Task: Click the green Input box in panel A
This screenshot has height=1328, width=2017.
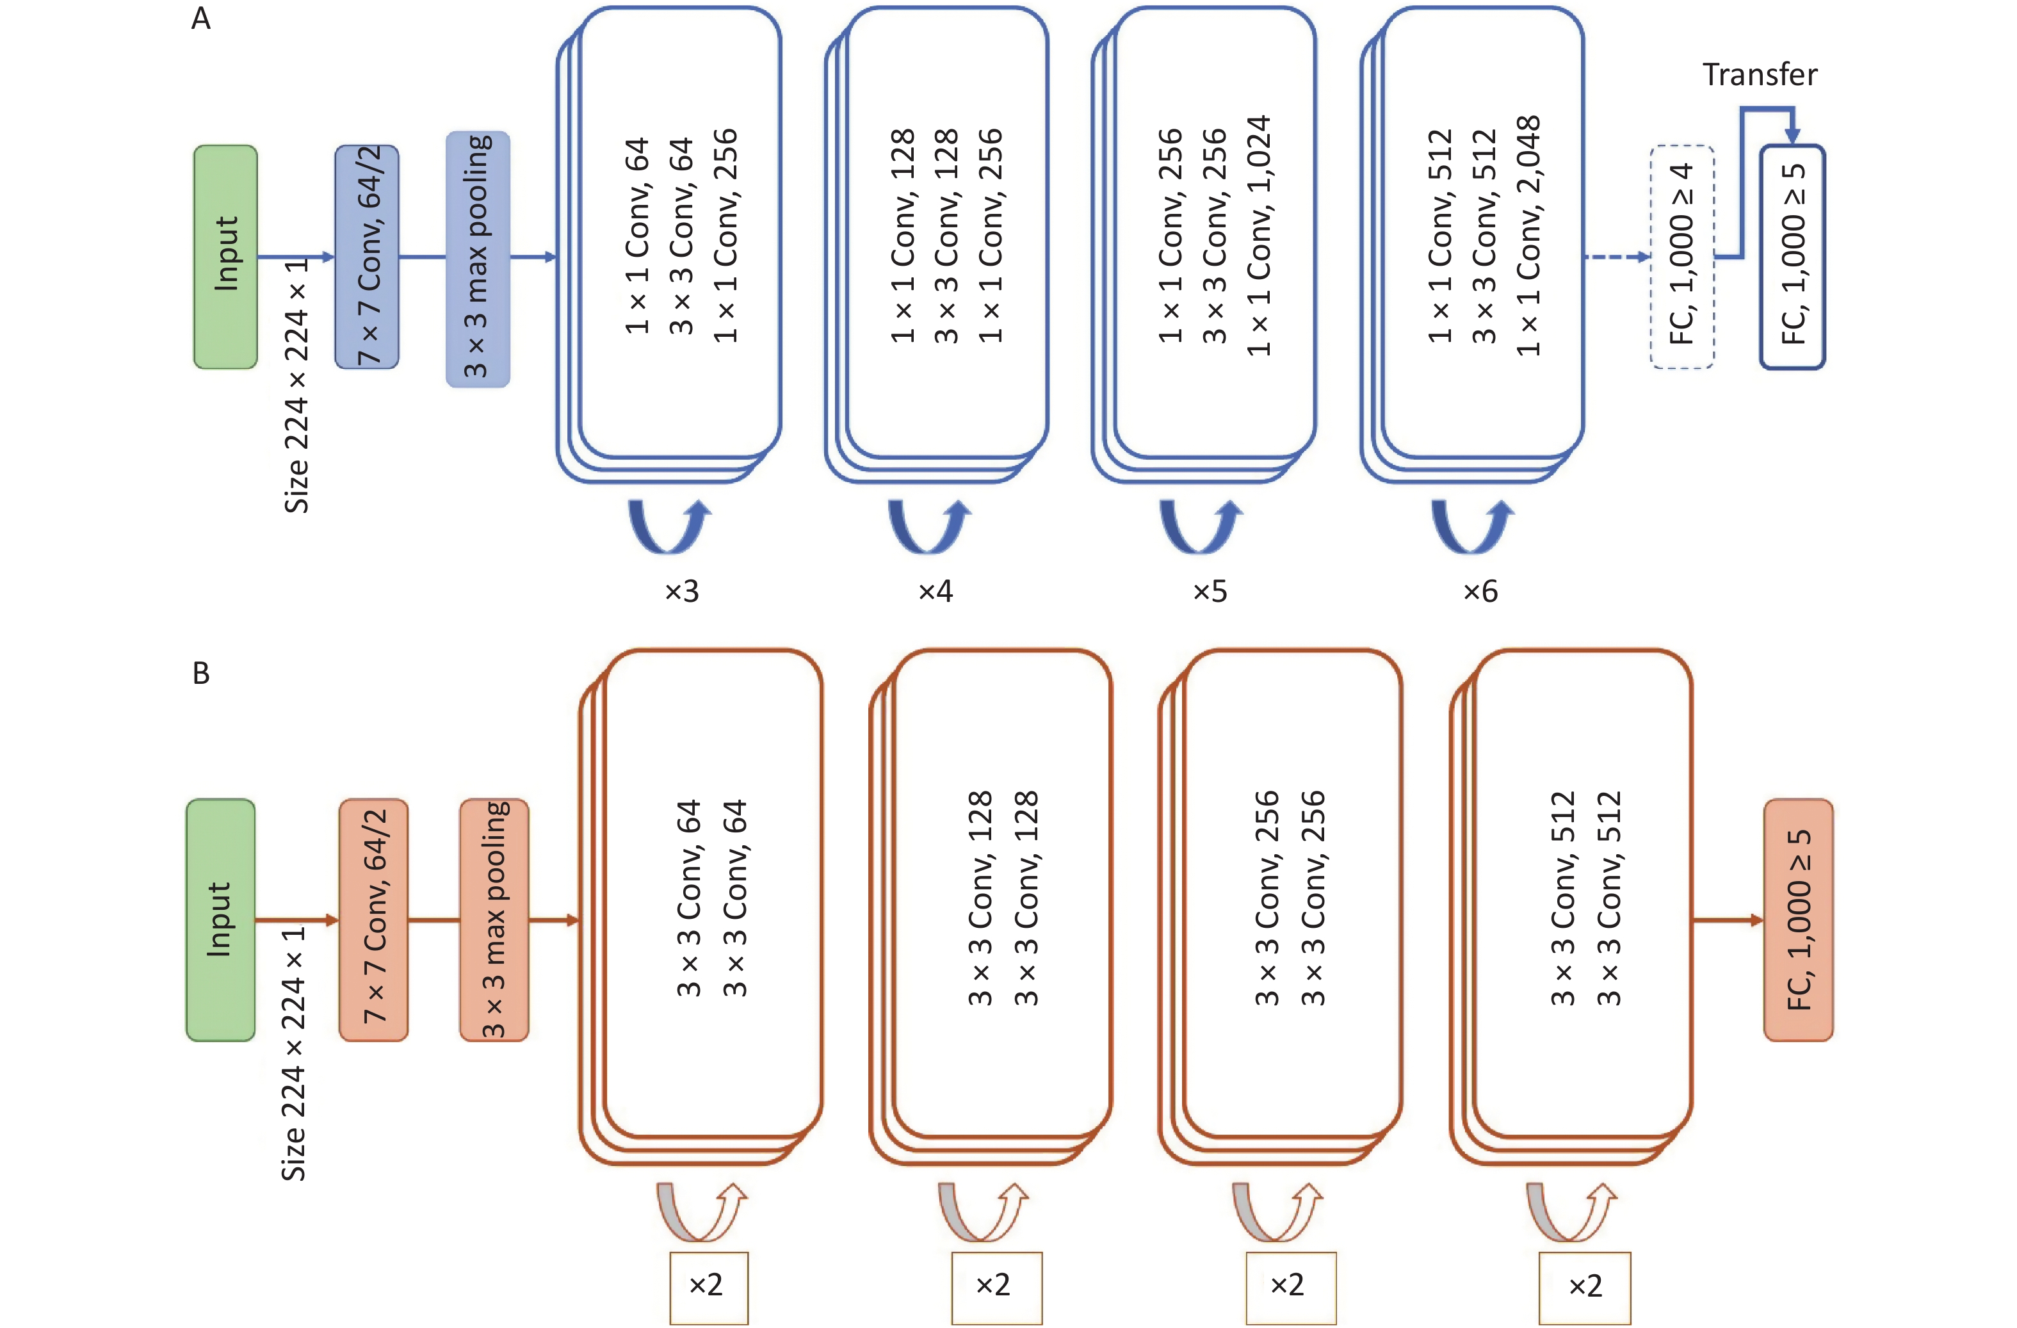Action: click(x=225, y=257)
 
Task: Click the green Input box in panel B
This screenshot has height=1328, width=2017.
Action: click(x=220, y=919)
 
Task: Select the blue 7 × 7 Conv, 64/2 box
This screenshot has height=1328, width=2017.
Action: click(x=367, y=257)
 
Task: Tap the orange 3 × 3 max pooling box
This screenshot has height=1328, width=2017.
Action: click(x=494, y=919)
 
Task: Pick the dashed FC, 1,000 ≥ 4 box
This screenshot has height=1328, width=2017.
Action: click(x=1682, y=257)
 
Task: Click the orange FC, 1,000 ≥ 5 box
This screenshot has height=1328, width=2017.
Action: click(x=1799, y=919)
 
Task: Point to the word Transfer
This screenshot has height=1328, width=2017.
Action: click(x=1760, y=74)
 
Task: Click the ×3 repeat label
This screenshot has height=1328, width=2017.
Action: click(x=681, y=591)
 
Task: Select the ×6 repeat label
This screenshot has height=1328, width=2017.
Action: click(x=1480, y=591)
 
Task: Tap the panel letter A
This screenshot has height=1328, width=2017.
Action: click(x=201, y=18)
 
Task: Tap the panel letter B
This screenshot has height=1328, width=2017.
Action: click(x=201, y=673)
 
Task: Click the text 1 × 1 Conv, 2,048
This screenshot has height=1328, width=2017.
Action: click(x=1528, y=236)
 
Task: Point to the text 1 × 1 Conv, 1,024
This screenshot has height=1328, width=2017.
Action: click(x=1258, y=236)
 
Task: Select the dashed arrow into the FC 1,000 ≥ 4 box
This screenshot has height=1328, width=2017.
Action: click(x=1617, y=257)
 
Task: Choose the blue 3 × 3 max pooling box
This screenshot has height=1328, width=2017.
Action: click(x=478, y=259)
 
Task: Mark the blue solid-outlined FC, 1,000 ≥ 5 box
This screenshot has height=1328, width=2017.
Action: click(x=1792, y=257)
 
